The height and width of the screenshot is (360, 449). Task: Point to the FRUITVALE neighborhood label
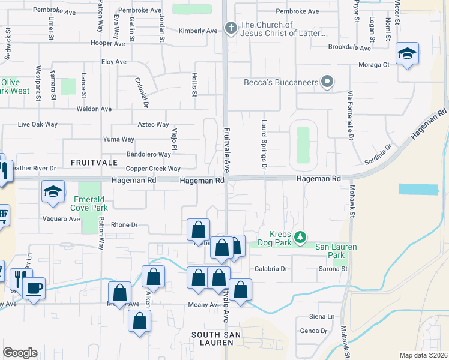pos(91,163)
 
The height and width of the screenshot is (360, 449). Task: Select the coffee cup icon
pos(34,288)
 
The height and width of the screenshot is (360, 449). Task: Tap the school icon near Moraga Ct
pos(407,54)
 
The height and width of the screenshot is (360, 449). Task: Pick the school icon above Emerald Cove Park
pos(53,192)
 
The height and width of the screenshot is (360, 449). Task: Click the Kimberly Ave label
pos(198,31)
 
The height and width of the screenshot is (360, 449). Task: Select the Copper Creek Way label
pos(153,169)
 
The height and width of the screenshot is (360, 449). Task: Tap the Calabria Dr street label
pos(271,269)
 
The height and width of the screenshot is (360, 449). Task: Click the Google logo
pos(20,353)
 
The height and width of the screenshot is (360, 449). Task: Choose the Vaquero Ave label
pos(61,219)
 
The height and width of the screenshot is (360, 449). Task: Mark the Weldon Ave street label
pos(94,109)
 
